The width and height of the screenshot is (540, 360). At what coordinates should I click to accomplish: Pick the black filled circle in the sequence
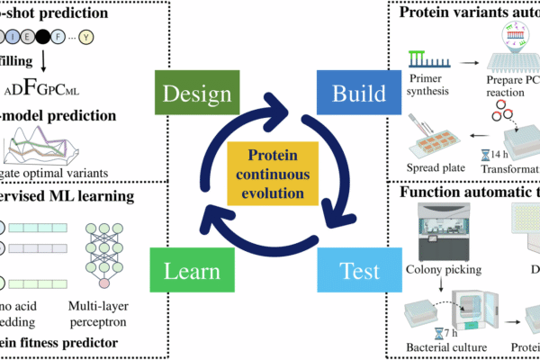pyautogui.click(x=43, y=39)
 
